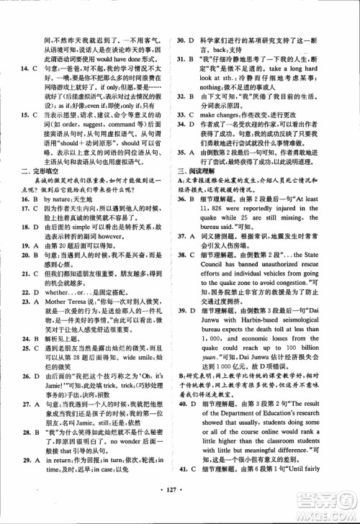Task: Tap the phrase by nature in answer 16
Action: (62, 217)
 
